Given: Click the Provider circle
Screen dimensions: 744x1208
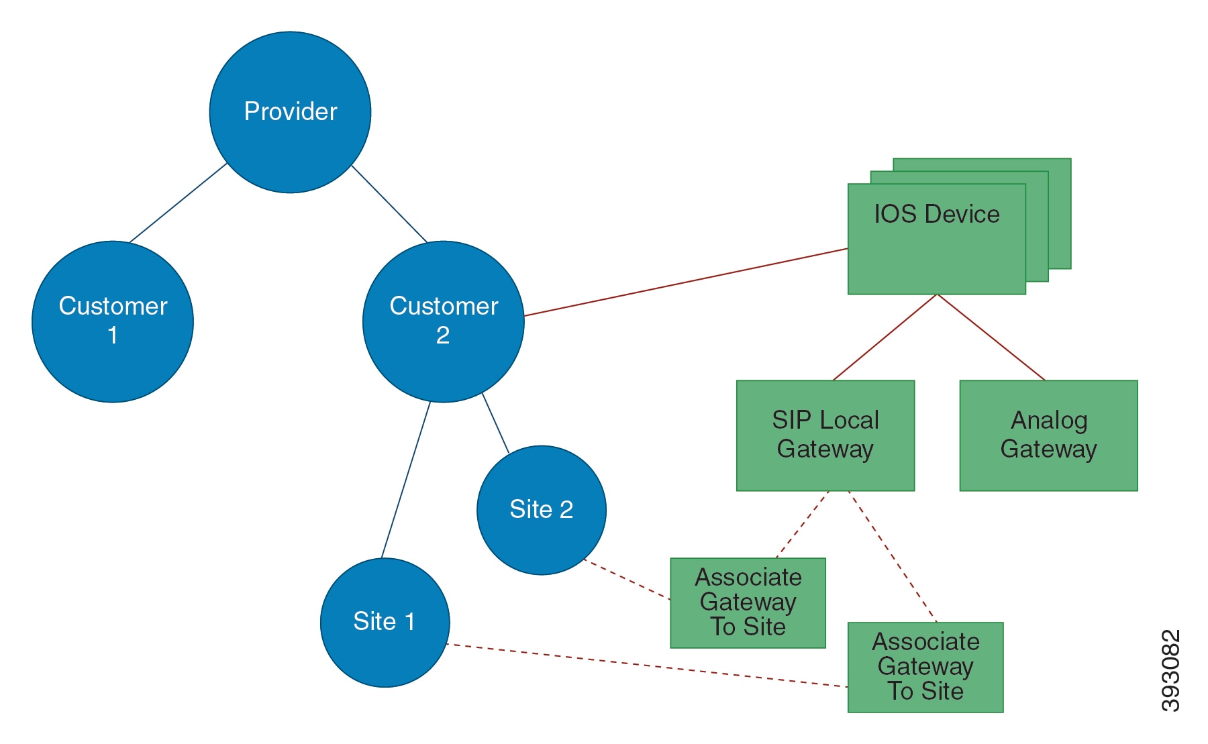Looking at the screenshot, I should point(290,112).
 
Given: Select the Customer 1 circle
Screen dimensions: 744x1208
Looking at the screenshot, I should point(113,321).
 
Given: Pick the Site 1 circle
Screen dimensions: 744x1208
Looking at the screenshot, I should point(385,622).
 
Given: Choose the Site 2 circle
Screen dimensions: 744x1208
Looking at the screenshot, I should point(541,510).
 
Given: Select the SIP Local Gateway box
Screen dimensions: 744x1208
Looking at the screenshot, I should point(825,435).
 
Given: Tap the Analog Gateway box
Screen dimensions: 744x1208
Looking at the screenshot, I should point(1048,435).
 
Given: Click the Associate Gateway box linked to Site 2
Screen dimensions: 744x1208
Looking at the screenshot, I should point(748,602).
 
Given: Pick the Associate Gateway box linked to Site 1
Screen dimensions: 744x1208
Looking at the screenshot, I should point(925,667).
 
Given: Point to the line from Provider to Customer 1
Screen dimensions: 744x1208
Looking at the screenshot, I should point(178,203).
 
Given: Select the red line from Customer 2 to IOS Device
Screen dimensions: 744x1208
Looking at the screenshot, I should point(685,282).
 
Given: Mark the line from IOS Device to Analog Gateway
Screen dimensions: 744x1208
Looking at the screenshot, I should point(991,337).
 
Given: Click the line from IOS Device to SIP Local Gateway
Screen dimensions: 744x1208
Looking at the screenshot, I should point(885,337).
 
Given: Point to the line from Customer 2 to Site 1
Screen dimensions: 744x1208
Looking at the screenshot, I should point(406,480).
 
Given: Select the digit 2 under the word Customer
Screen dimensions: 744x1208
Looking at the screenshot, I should point(443,335).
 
